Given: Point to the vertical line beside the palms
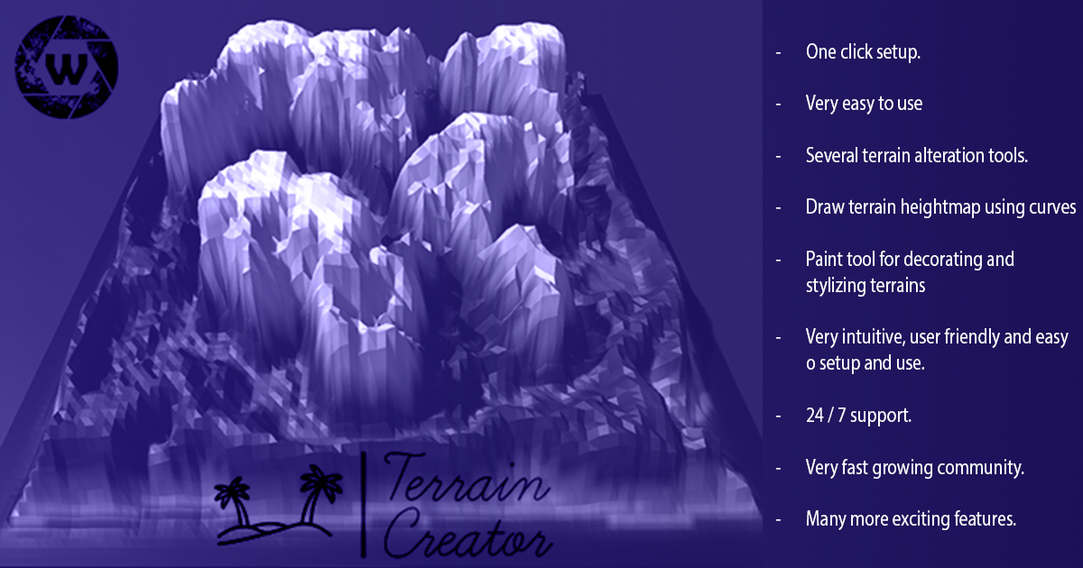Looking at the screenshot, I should point(363,505).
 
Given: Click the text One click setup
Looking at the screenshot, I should point(862,52).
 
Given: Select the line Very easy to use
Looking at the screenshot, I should point(864,104).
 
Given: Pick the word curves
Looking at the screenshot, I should point(1049,208).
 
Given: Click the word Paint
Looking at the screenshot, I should point(825,260).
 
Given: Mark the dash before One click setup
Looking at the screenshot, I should point(778,52).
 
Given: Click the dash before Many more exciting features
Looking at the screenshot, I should point(778,520).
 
